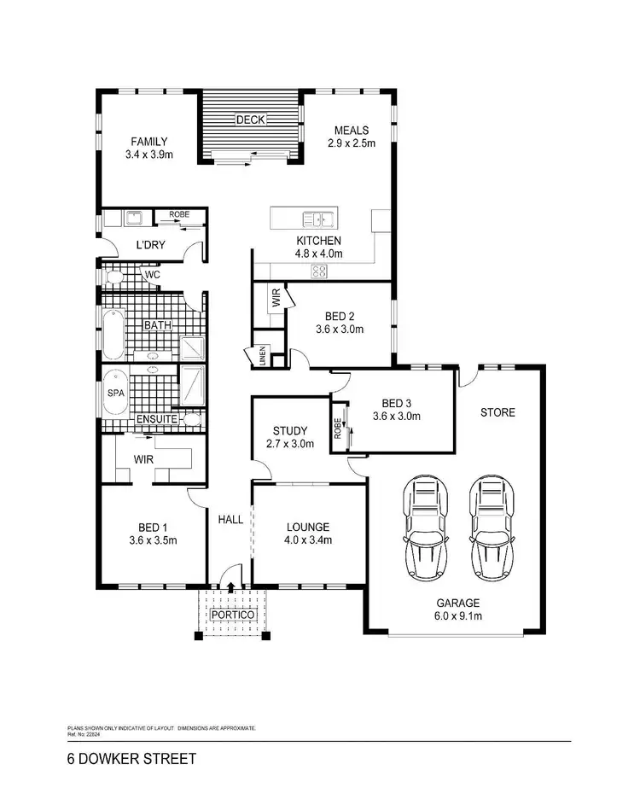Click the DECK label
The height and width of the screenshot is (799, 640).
tap(252, 120)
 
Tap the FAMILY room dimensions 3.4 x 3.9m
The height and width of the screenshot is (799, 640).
tap(148, 155)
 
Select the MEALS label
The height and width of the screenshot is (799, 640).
tap(352, 131)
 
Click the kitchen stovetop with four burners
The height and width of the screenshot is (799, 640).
tap(320, 271)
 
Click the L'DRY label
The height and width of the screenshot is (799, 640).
tap(150, 246)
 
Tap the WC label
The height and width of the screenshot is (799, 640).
tap(152, 275)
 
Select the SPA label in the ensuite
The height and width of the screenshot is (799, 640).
tap(115, 395)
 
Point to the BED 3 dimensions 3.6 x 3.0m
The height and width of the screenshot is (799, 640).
tap(396, 417)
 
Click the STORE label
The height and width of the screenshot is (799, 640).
tap(497, 412)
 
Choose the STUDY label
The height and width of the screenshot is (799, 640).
tap(290, 430)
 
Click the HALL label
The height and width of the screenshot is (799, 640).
tap(230, 519)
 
